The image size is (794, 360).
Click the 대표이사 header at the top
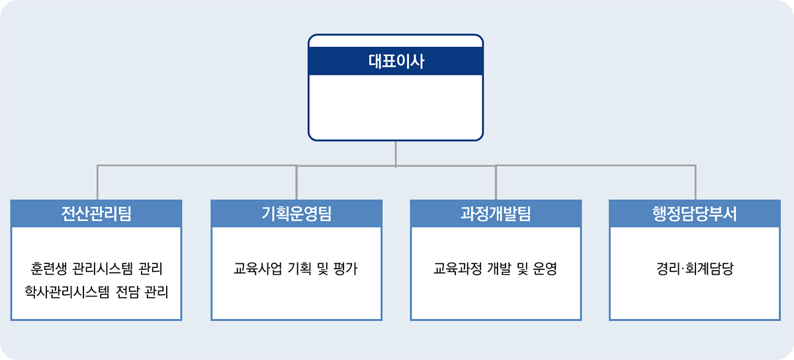click(396, 61)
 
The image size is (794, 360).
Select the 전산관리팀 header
click(96, 214)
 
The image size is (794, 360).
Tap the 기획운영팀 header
click(296, 214)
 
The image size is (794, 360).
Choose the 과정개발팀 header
click(496, 214)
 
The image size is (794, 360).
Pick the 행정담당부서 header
click(695, 214)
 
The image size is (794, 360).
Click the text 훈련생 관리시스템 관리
click(97, 269)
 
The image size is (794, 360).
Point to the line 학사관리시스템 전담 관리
click(97, 292)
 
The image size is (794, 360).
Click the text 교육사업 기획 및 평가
click(296, 269)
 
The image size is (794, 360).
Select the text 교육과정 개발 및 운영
click(495, 269)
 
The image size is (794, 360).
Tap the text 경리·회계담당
click(695, 269)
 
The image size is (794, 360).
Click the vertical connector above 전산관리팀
click(97, 182)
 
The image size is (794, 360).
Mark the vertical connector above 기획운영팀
click(296, 182)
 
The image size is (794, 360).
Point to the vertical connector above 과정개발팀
click(496, 182)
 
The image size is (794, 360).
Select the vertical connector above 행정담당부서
click(695, 182)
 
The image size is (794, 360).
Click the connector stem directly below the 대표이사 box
click(396, 154)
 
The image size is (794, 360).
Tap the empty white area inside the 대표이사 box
click(396, 107)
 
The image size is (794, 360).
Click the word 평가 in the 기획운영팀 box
click(345, 269)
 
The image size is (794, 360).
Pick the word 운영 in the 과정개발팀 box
click(545, 269)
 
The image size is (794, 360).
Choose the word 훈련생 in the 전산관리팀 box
click(48, 269)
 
